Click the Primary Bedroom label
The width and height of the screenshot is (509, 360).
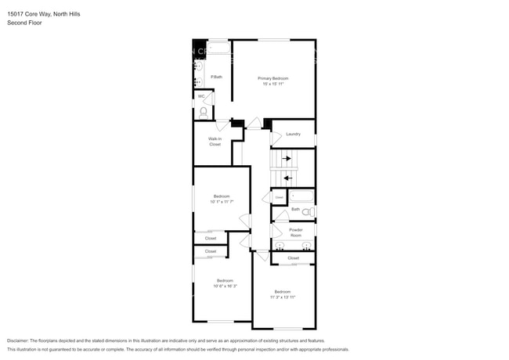tap(274, 78)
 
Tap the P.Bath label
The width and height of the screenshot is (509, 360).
tap(217, 77)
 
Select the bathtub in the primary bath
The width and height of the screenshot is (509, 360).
tap(219, 49)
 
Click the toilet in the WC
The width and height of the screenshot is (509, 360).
tap(204, 112)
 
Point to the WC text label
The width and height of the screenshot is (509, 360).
tap(201, 96)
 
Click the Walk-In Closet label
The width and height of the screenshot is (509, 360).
tap(215, 142)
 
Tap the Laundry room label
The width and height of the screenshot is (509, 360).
tap(294, 134)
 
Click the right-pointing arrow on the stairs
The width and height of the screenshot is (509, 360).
tap(287, 159)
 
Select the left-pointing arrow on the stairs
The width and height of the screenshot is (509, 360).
tap(287, 178)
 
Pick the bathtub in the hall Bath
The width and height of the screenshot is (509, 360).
tap(301, 196)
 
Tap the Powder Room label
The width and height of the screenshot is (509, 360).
tap(296, 232)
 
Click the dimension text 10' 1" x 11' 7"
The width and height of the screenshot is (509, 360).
tap(222, 202)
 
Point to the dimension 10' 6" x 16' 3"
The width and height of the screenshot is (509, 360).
tap(225, 286)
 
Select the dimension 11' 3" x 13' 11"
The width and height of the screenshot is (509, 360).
tap(283, 297)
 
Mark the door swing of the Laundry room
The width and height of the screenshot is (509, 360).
tap(276, 139)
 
